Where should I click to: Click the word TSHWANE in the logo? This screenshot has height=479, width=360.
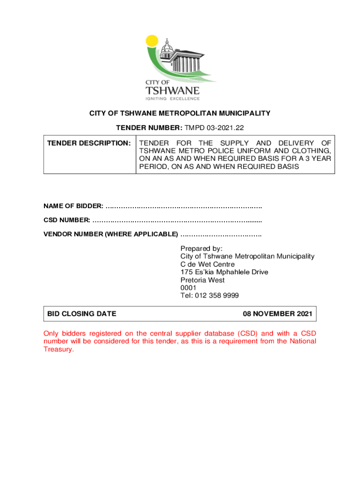[x=172, y=90]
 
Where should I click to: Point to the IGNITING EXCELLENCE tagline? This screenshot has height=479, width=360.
[x=172, y=99]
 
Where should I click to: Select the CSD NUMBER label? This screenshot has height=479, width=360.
[x=67, y=220]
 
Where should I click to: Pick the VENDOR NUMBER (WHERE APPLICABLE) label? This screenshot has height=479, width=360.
[x=111, y=233]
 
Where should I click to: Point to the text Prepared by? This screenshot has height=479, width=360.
[x=201, y=248]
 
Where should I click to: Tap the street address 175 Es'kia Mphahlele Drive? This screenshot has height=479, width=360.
[x=224, y=272]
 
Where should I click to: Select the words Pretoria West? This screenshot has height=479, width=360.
[x=202, y=280]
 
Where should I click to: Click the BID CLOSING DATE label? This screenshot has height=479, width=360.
[x=82, y=314]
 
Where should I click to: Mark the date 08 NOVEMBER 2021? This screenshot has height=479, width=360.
[x=278, y=314]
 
